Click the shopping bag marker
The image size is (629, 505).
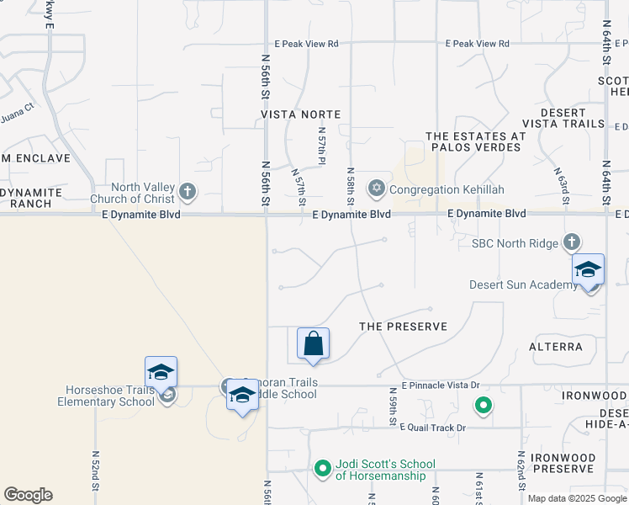tap(313, 344)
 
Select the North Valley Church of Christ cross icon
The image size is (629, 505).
tap(188, 193)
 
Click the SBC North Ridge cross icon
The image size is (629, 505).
tap(572, 242)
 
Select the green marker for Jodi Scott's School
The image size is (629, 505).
tap(322, 468)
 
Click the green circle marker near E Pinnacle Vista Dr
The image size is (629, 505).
tap(483, 407)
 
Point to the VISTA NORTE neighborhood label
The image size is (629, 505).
tap(300, 114)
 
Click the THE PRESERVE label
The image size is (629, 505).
tap(403, 326)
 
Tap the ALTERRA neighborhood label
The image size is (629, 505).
tap(555, 346)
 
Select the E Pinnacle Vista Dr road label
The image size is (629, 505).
tap(440, 385)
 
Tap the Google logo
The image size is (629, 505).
tap(28, 495)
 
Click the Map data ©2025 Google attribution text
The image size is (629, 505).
tap(576, 498)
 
